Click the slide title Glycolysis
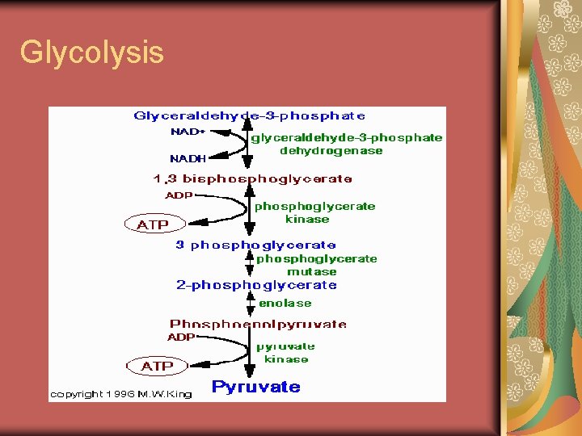tap(91, 52)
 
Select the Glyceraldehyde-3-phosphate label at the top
tap(249, 116)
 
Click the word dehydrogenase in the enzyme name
tap(331, 151)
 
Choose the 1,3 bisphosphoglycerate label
tap(253, 178)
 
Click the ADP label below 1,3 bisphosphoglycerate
tap(179, 195)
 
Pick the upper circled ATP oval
tap(154, 224)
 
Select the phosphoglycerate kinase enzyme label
tap(314, 212)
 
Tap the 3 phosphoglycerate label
tap(255, 245)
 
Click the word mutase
tap(312, 272)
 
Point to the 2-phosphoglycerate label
tap(256, 285)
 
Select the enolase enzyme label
tap(285, 304)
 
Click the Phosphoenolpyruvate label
tap(258, 324)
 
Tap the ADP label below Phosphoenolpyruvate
tap(181, 337)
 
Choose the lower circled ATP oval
tap(157, 366)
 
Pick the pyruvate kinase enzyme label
tap(285, 353)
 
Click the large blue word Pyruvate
tap(255, 387)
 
